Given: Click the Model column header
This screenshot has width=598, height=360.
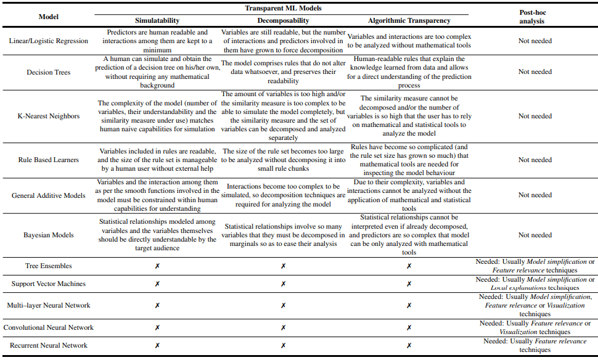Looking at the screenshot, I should pyautogui.click(x=49, y=17).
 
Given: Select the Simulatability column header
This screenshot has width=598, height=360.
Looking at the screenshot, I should pyautogui.click(x=157, y=21).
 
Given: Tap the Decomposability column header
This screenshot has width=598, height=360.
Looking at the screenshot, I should pyautogui.click(x=283, y=21).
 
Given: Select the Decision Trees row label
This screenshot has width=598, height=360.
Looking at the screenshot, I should pyautogui.click(x=49, y=72).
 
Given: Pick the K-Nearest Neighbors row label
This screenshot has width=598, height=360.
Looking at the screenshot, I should pyautogui.click(x=49, y=116).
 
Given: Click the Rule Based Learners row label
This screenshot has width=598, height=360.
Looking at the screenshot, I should pyautogui.click(x=49, y=160).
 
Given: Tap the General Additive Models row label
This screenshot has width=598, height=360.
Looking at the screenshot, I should pyautogui.click(x=49, y=195).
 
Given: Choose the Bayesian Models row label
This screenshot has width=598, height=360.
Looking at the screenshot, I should pyautogui.click(x=49, y=235).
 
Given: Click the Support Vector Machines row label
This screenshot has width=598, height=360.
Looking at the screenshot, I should pyautogui.click(x=49, y=284).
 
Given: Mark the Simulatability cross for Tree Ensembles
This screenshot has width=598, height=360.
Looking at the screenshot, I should pyautogui.click(x=157, y=266).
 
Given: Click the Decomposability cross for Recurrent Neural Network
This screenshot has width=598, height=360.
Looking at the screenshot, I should pyautogui.click(x=283, y=346).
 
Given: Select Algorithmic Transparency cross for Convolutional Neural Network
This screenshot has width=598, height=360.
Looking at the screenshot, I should pyautogui.click(x=409, y=327).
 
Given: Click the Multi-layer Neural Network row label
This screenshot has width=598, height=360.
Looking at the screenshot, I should pyautogui.click(x=49, y=305).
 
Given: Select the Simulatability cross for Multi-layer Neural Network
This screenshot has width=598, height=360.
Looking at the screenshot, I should pyautogui.click(x=157, y=305).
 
